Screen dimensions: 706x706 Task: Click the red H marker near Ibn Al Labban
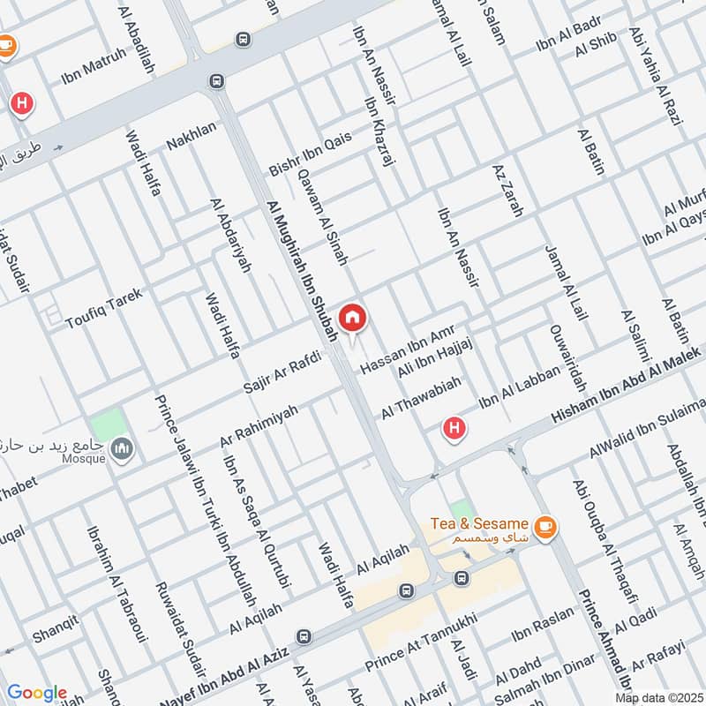(454, 429)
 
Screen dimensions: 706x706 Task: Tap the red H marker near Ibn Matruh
(23, 104)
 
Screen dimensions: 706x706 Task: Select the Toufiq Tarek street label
(103, 308)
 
